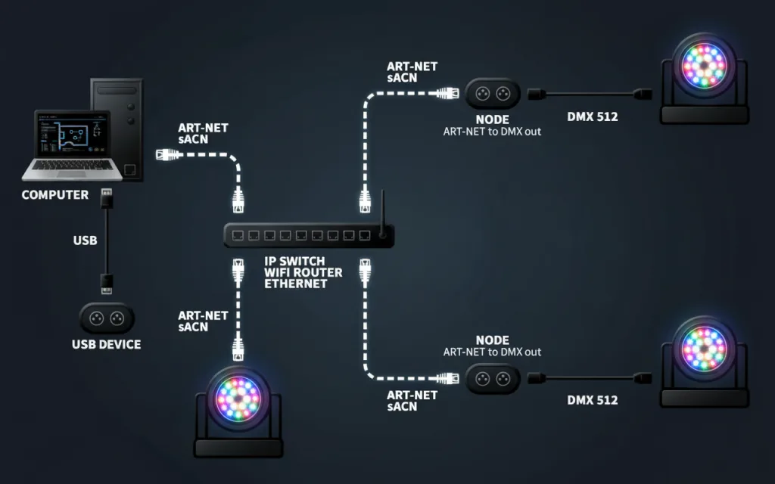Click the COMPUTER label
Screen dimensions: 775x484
pos(54,194)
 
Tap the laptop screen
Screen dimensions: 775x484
pos(72,134)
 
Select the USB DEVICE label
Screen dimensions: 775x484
pos(106,344)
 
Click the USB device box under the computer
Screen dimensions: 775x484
pos(107,318)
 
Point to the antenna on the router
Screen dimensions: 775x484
pos(382,213)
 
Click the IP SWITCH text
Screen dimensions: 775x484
pos(294,261)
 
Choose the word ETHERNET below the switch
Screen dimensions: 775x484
pos(296,284)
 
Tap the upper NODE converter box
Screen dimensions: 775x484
pos(493,93)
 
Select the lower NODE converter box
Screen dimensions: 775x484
pos(493,379)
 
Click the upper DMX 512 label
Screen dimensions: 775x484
pos(592,116)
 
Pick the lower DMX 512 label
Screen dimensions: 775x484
pos(592,400)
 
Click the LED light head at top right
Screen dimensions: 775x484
pos(705,65)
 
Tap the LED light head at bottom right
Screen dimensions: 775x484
pos(705,349)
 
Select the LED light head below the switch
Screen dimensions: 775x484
pos(238,399)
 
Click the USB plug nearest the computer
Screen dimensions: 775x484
pos(107,198)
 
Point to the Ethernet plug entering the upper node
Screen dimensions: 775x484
pos(448,93)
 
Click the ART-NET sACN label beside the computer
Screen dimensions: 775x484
pos(203,133)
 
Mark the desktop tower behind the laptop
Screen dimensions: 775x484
pos(117,129)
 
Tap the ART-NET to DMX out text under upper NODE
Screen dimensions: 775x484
pos(492,132)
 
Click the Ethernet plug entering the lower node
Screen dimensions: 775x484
pos(448,379)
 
